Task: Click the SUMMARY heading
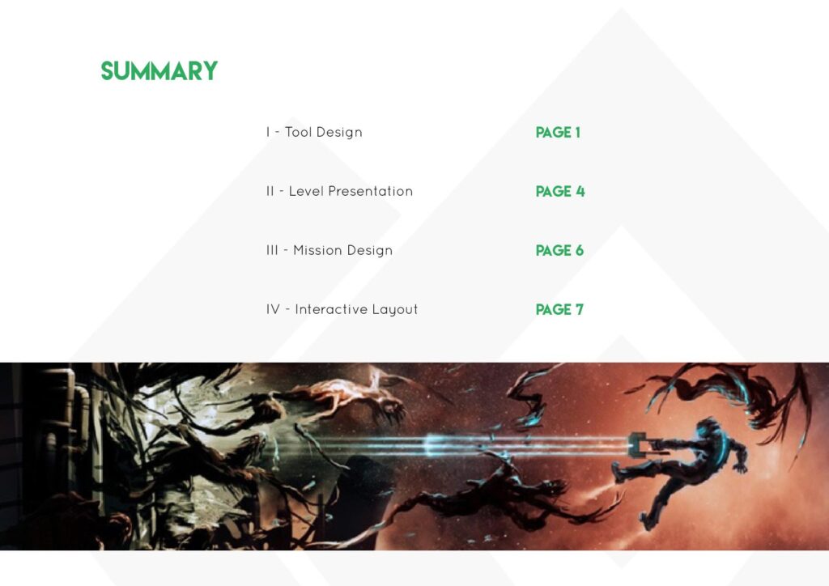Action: coord(159,71)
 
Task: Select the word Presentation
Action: coord(370,191)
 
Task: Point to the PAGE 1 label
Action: coord(558,132)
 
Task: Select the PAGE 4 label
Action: coord(560,191)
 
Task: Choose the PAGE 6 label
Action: coord(559,250)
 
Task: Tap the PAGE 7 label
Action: coord(559,310)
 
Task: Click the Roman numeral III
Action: coord(272,250)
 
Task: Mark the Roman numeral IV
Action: coord(273,309)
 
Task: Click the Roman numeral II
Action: coord(270,191)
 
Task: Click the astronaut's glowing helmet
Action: coord(708,427)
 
